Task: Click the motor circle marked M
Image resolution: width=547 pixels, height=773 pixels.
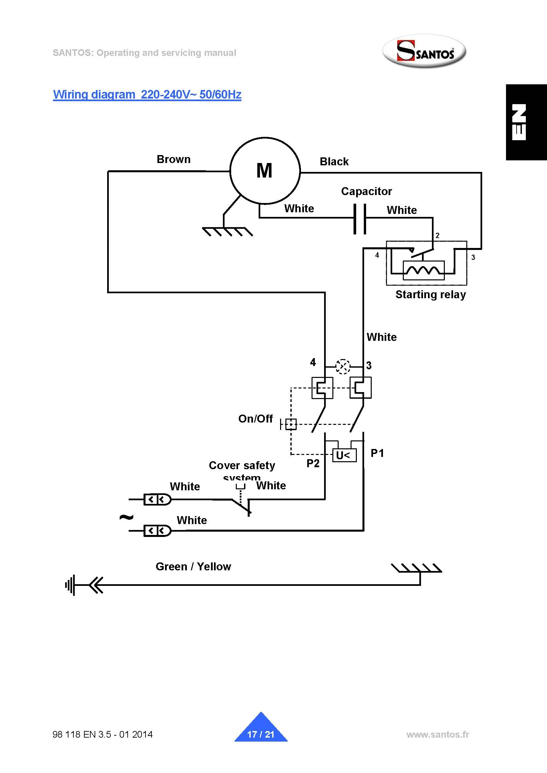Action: click(x=265, y=171)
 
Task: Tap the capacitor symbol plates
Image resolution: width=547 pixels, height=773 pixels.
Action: click(x=360, y=219)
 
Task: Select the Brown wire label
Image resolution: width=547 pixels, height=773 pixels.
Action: click(x=174, y=159)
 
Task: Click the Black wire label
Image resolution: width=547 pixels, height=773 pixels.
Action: click(x=334, y=162)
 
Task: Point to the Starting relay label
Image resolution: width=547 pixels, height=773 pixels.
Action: click(x=431, y=295)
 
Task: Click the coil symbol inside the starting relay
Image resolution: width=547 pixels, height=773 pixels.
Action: click(x=423, y=270)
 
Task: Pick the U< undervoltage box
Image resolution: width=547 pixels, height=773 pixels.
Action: click(x=344, y=456)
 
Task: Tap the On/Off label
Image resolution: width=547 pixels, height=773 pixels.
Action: click(x=255, y=419)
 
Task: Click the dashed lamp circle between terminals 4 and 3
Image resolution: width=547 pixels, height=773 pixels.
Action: click(x=343, y=366)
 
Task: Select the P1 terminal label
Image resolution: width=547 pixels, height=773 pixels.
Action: click(x=377, y=453)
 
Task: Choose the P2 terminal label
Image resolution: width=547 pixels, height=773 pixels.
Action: click(x=313, y=463)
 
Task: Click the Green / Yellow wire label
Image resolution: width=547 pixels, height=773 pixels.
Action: click(x=193, y=566)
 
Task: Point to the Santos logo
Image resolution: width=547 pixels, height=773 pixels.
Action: click(x=424, y=52)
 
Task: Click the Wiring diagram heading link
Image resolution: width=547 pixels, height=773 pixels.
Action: click(x=147, y=94)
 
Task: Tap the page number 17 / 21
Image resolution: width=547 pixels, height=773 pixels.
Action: click(x=261, y=734)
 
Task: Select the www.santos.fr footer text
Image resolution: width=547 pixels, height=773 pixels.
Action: click(x=438, y=734)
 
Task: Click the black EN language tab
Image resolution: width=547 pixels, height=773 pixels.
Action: click(x=526, y=122)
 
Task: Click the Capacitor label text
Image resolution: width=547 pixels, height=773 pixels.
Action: click(x=366, y=191)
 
